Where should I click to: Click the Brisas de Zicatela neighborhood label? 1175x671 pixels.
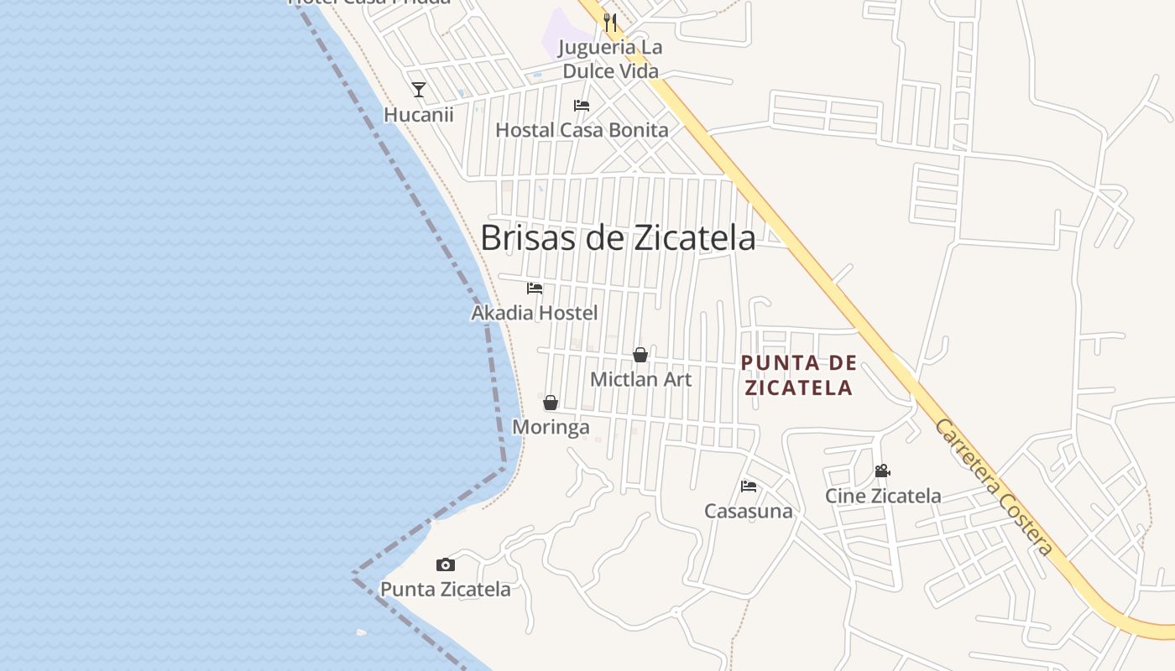tap(618, 238)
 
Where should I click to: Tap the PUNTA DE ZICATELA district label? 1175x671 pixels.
tap(799, 375)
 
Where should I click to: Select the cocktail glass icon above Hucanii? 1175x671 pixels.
tap(419, 90)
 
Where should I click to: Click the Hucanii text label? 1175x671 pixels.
tap(419, 115)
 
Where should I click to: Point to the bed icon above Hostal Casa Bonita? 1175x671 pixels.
tap(581, 106)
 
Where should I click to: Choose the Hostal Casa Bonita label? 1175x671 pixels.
tap(582, 130)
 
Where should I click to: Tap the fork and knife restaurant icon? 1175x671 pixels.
tap(610, 23)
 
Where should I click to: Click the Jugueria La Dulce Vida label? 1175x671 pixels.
tap(612, 59)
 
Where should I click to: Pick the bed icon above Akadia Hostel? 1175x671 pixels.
tap(535, 289)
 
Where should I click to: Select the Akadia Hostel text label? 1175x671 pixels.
tap(535, 313)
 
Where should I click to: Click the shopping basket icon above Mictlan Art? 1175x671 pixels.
tap(640, 355)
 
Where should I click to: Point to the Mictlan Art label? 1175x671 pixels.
tap(641, 379)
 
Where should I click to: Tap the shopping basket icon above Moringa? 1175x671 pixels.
tap(551, 403)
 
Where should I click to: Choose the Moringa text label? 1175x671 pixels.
tap(551, 427)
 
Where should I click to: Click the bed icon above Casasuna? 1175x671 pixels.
tap(749, 486)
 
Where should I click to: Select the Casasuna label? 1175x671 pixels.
tap(749, 511)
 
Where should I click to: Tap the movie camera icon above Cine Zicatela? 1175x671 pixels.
tap(882, 471)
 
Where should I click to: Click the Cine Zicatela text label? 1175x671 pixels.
tap(883, 496)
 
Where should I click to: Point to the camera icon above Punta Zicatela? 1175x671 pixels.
tap(446, 565)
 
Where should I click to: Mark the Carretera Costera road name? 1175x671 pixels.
tap(995, 487)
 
